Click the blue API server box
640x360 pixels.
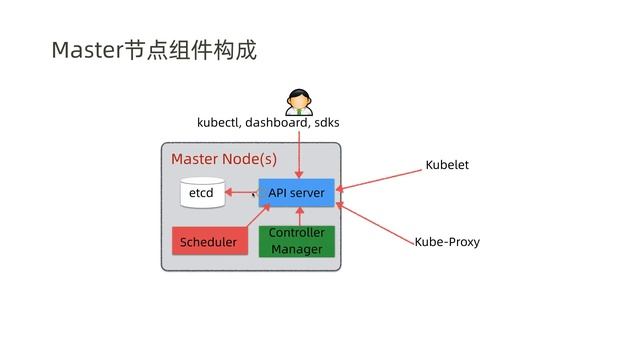coord(296,192)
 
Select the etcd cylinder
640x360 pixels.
coord(202,193)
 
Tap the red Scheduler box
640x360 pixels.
coord(209,242)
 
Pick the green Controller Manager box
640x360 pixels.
coord(296,241)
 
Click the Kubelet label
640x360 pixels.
coord(447,164)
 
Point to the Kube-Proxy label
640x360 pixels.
coord(447,242)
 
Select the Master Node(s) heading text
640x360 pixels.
coord(224,159)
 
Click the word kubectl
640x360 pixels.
coord(218,124)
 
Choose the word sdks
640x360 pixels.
coord(326,124)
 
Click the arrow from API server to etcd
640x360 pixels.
coord(240,192)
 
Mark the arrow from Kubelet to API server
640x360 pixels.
coord(378,179)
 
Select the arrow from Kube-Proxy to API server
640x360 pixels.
coord(376,223)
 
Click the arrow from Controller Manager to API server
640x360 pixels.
coord(299,216)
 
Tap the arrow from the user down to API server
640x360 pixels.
coord(299,155)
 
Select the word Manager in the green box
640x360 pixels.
coord(296,249)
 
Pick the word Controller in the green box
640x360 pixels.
coord(296,233)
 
